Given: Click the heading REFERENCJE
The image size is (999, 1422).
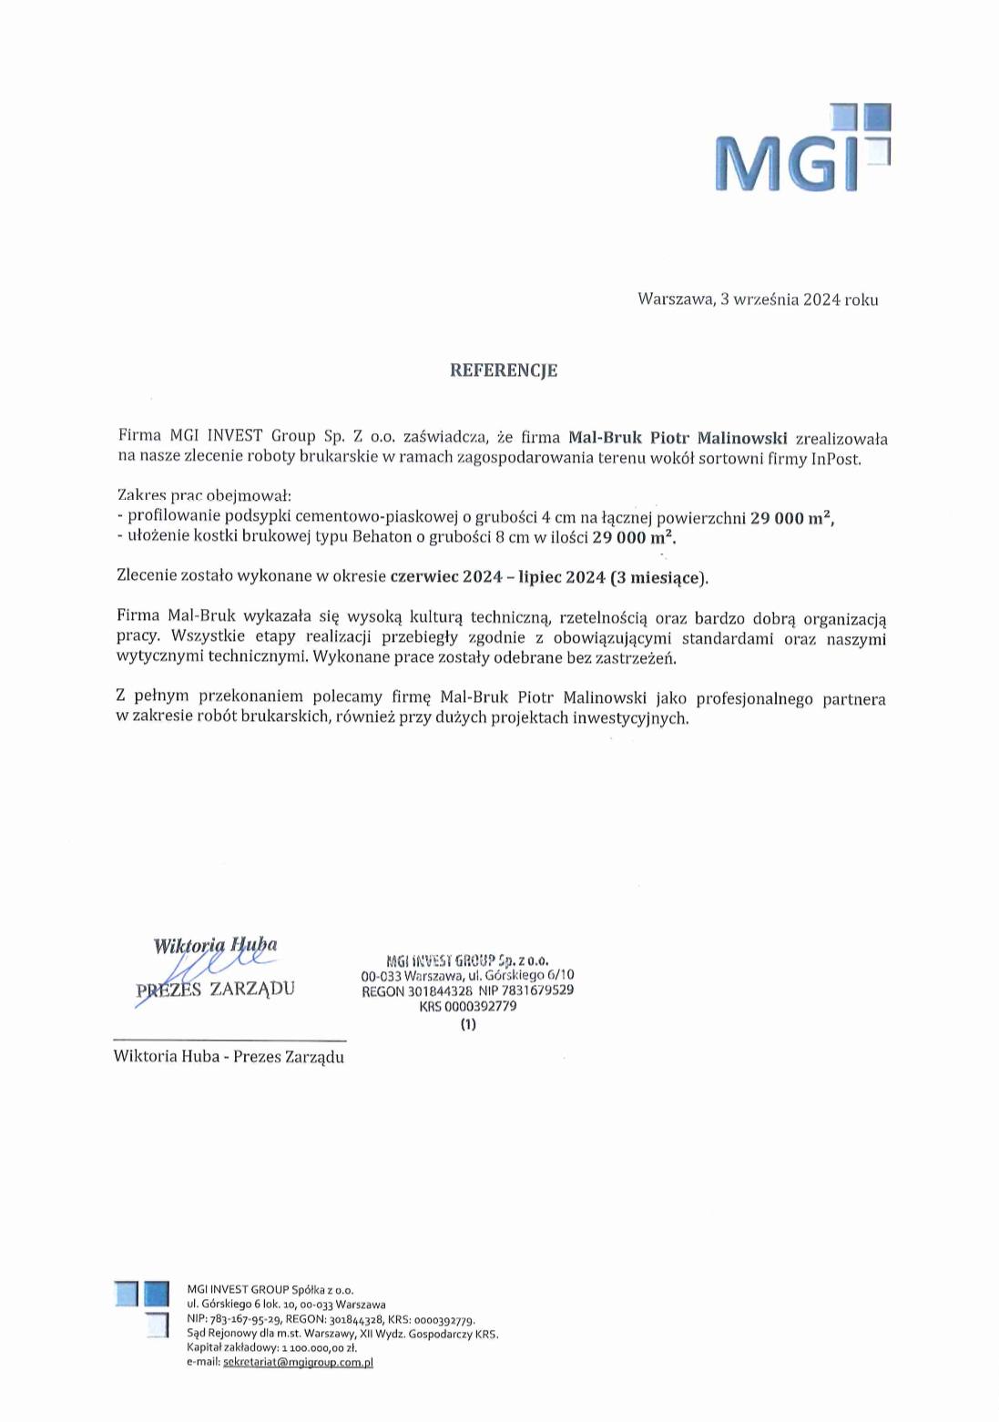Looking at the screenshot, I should click(504, 371).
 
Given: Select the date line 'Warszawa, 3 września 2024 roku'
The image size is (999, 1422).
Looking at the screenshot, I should click(757, 300).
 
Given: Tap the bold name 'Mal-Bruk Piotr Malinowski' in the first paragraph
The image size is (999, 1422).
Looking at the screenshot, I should click(677, 437).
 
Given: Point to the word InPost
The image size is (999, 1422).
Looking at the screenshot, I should click(835, 459).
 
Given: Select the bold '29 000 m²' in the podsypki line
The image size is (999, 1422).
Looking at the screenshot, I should click(790, 518).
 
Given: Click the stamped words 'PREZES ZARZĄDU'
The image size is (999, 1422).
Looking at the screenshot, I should click(215, 990).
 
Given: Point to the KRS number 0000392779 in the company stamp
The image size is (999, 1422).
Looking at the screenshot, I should click(467, 1007).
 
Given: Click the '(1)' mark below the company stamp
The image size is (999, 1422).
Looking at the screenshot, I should click(468, 1024).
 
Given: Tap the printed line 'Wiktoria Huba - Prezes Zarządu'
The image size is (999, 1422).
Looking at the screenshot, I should click(229, 1057).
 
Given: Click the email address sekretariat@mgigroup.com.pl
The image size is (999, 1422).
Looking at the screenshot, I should click(298, 1363).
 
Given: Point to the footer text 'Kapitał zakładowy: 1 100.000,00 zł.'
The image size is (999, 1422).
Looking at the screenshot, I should click(271, 1347).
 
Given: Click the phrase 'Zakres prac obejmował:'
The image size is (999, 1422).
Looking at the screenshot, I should click(204, 496).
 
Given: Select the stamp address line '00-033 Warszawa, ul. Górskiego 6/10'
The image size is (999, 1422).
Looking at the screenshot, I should click(467, 975).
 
